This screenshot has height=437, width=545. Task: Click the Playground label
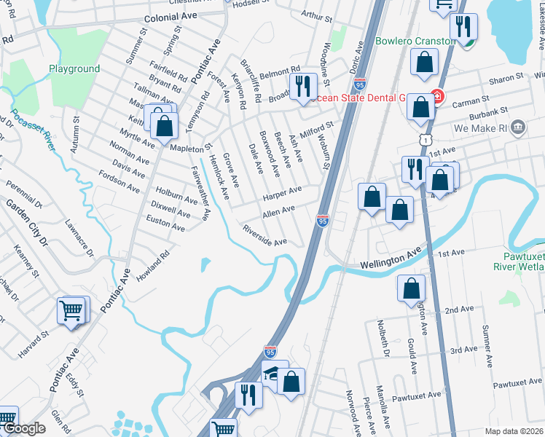pos(74,69)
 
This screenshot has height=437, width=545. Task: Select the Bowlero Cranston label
pos(415,41)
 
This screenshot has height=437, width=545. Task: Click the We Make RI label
pos(479,128)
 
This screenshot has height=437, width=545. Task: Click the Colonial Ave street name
pos(170,15)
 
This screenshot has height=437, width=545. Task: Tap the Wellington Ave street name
pos(391,259)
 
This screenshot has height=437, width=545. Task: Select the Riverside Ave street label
pos(264,236)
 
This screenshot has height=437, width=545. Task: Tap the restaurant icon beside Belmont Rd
pos(301,87)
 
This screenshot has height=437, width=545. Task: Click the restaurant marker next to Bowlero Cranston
pos(463,28)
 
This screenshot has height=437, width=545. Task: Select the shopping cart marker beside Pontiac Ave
pos(71,310)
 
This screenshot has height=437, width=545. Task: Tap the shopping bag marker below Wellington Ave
pos(411,287)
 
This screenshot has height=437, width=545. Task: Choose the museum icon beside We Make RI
pos(518,128)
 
